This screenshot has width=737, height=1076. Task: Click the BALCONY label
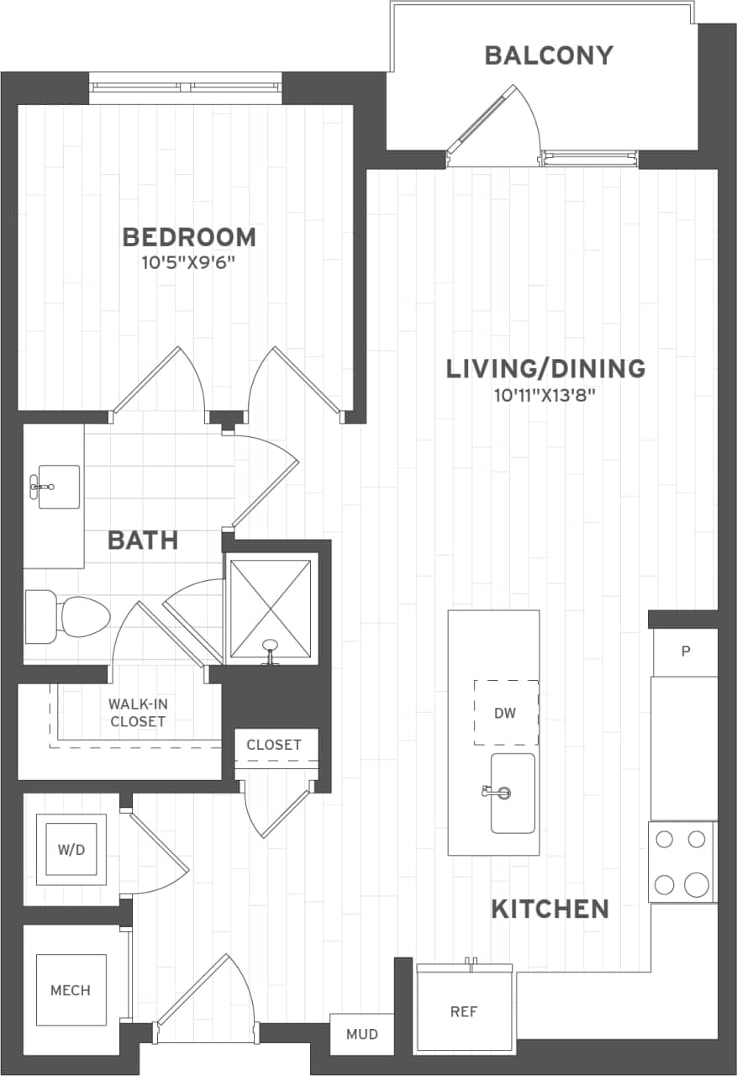tap(549, 55)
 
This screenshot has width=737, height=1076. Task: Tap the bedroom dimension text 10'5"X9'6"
tap(188, 263)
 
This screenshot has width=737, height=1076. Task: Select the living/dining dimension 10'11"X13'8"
tap(545, 395)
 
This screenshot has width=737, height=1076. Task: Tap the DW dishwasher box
tap(505, 713)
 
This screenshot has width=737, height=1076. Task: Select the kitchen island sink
tap(512, 793)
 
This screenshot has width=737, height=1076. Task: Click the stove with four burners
tap(682, 862)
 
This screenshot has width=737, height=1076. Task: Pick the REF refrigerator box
tap(464, 1011)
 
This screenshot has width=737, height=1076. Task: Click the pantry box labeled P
tap(686, 651)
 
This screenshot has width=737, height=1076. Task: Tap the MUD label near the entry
tap(362, 1034)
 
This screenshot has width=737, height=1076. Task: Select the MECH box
tap(71, 990)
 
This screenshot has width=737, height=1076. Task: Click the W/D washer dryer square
tap(71, 849)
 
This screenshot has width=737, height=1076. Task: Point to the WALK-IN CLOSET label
tap(136, 712)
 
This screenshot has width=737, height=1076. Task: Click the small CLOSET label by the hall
tap(274, 745)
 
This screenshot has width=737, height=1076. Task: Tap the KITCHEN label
tap(550, 909)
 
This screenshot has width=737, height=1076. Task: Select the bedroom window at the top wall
tap(185, 87)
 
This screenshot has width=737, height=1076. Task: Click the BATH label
tap(143, 540)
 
